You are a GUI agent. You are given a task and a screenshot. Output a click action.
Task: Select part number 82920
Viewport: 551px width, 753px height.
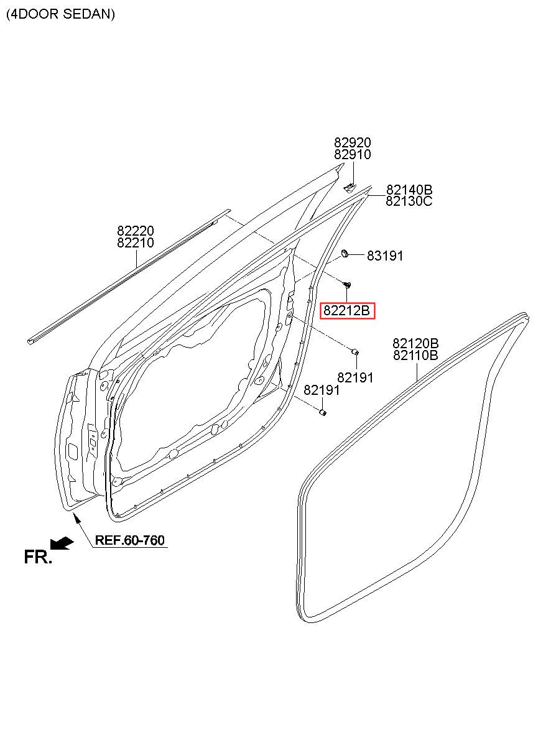pyautogui.click(x=353, y=142)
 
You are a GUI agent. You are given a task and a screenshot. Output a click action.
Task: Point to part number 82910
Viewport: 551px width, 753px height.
pyautogui.click(x=353, y=155)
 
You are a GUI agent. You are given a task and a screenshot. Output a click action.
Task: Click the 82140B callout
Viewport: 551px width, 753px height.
pyautogui.click(x=409, y=190)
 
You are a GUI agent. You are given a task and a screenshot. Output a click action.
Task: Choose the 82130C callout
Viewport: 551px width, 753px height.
pyautogui.click(x=409, y=201)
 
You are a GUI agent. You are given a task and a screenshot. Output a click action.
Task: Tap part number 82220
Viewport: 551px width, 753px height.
pyautogui.click(x=136, y=231)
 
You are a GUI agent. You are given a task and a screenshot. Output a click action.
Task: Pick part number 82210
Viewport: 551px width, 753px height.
pyautogui.click(x=136, y=243)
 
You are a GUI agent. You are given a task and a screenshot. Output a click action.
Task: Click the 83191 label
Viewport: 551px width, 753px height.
pyautogui.click(x=385, y=256)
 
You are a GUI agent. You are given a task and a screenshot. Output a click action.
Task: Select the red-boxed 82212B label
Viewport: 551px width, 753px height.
pyautogui.click(x=346, y=311)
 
